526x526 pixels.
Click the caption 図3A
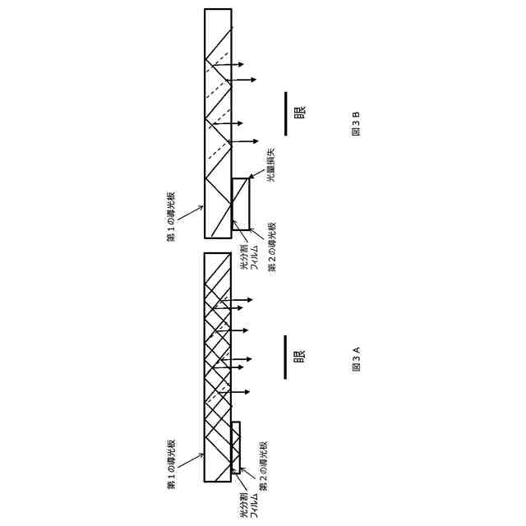356,359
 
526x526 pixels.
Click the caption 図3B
356,124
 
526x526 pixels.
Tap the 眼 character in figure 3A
299,357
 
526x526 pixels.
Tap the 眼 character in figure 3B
299,112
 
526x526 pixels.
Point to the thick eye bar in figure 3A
285,357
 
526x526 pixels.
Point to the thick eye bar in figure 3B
285,113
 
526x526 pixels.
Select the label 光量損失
270,164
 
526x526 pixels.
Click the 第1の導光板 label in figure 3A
172,464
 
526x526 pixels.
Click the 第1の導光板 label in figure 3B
172,216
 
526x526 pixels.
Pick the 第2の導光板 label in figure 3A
264,465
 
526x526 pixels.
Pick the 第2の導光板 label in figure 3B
272,247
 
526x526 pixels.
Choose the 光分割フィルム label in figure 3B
249,257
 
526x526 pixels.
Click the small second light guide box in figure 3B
240,204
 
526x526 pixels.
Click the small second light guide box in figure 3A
236,447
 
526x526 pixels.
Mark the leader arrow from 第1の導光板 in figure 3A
191,460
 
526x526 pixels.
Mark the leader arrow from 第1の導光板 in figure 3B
191,213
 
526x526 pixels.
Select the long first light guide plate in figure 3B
218,123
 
